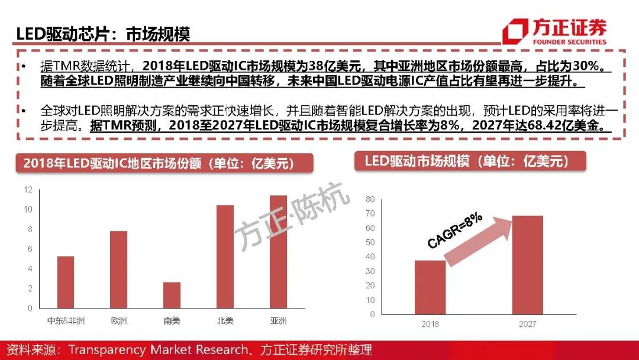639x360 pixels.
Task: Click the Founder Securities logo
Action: tap(554, 32)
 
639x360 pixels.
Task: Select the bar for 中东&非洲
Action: tap(66, 282)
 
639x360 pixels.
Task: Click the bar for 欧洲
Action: tap(119, 269)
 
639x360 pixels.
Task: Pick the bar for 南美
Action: tap(172, 295)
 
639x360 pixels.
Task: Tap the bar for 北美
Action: tap(225, 256)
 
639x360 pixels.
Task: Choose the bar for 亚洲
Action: tap(278, 252)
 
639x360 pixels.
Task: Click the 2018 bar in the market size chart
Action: tap(430, 287)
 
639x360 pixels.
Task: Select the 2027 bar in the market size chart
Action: tap(527, 265)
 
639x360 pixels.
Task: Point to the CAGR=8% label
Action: tap(454, 232)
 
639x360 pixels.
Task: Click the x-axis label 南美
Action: tap(172, 322)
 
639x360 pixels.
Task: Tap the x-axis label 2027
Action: tap(527, 324)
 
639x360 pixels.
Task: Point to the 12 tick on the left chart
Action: tap(28, 189)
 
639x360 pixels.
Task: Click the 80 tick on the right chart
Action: tap(370, 199)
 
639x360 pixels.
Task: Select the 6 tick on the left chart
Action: tap(30, 249)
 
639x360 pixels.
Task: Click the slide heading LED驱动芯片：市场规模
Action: tap(103, 34)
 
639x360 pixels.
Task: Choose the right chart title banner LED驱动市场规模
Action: tap(470, 161)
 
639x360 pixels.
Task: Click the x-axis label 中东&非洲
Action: tap(66, 322)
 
